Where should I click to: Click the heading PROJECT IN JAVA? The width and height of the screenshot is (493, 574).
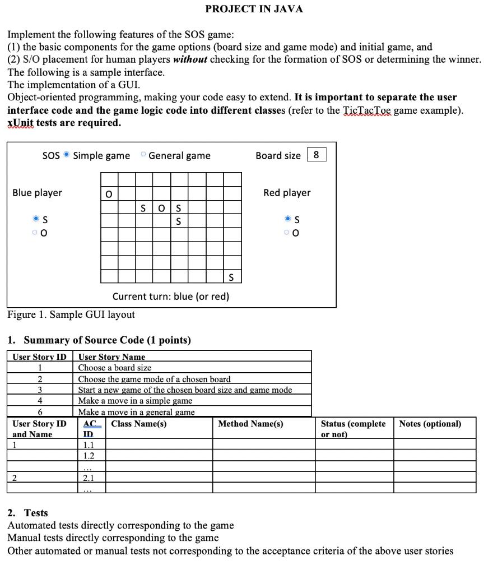point(254,9)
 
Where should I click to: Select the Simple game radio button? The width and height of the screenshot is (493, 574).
point(67,155)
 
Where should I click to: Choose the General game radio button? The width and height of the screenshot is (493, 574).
point(143,155)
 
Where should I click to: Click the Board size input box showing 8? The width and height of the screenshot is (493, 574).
point(317,155)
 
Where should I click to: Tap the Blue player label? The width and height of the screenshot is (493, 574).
point(37,193)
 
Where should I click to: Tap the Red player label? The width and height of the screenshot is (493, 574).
point(287,193)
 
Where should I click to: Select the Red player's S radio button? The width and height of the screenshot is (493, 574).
point(289,219)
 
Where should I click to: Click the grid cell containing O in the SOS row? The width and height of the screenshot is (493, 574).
point(161,208)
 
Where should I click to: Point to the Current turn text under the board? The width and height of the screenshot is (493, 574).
point(171,297)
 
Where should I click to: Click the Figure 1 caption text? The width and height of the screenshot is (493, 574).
point(71,314)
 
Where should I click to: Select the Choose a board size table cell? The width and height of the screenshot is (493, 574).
point(115,368)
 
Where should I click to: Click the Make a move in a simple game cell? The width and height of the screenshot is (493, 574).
point(135,401)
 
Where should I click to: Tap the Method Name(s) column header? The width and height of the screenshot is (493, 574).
point(250,424)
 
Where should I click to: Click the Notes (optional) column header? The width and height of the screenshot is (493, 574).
point(430,424)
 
